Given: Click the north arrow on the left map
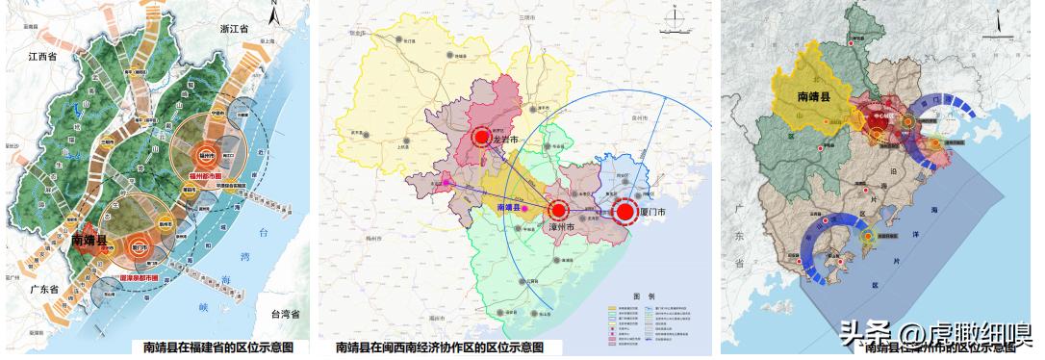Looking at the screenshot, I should point(275,13).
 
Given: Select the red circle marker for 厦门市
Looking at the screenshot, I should point(624,212).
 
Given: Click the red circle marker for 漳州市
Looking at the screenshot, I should point(556,211).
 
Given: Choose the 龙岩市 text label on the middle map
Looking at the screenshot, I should point(505,141).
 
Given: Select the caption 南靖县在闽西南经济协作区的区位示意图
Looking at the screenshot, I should point(439,347).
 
